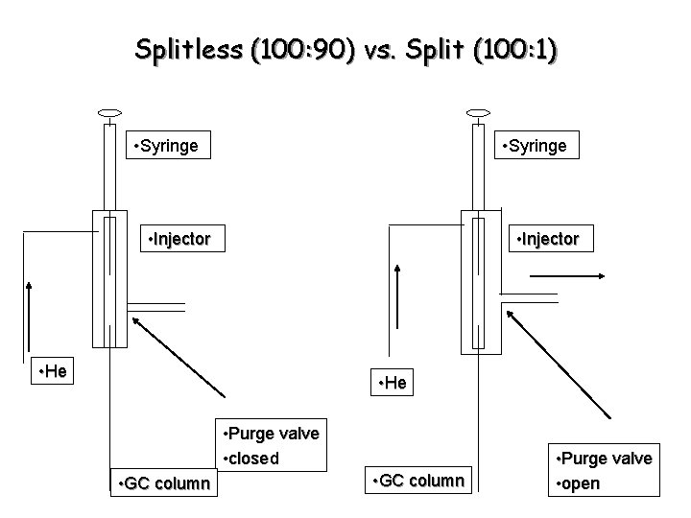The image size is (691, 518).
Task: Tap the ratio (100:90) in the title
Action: [302, 50]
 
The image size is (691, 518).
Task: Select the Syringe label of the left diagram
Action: [167, 146]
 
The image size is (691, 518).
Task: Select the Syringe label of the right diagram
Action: [535, 146]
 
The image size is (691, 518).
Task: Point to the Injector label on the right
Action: [548, 238]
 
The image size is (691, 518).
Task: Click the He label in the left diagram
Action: [50, 371]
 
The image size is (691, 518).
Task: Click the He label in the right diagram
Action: [391, 384]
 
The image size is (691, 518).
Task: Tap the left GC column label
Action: [162, 483]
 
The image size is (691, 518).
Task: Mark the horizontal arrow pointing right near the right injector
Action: [566, 275]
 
